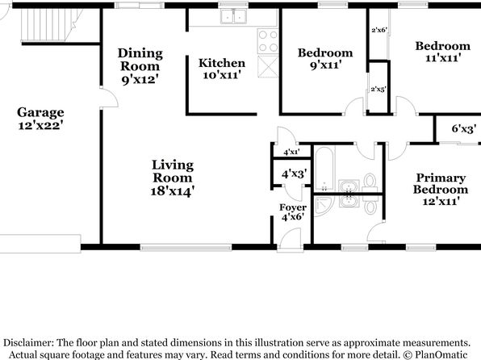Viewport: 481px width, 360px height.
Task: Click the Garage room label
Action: pos(40,112)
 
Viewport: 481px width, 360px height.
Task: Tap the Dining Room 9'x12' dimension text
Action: pos(140,80)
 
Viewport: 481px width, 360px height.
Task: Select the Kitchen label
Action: pos(222,63)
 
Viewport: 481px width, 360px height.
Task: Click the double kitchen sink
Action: pos(234,16)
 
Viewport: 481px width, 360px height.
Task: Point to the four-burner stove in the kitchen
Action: pos(268,41)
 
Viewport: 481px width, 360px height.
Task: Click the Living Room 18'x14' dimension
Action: pos(173,191)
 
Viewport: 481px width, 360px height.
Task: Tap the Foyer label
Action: pos(293,207)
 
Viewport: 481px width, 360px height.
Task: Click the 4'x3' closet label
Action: pos(294,174)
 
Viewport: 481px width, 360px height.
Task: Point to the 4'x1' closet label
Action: pos(291,152)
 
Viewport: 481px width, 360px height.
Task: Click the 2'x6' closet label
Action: pos(379,30)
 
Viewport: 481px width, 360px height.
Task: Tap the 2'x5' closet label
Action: pos(379,90)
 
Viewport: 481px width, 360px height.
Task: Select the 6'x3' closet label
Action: pos(464,128)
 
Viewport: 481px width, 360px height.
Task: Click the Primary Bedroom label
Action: pos(441,183)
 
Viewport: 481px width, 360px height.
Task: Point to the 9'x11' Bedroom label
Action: pos(325,59)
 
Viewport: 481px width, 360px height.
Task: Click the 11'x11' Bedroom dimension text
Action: pos(443,57)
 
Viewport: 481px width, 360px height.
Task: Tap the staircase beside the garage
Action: pos(51,24)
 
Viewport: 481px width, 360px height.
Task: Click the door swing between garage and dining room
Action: pos(109,98)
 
